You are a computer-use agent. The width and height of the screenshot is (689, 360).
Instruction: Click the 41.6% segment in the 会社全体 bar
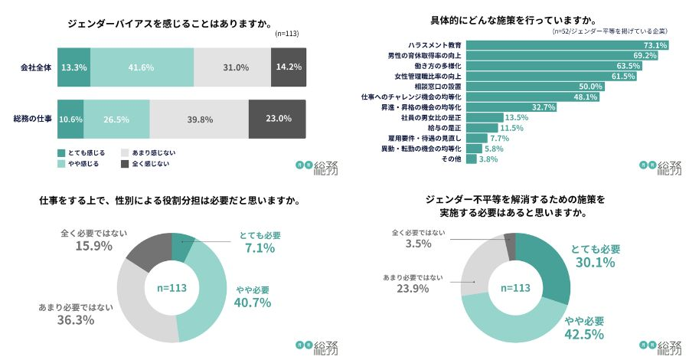click(142, 67)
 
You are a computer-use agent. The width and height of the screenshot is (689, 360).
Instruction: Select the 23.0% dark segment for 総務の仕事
click(279, 119)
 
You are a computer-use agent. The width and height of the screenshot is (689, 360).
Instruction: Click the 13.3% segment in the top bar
click(73, 67)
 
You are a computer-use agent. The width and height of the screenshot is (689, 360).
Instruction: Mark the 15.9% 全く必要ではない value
click(94, 246)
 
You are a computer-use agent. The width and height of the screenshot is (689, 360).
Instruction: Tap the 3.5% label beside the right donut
click(418, 244)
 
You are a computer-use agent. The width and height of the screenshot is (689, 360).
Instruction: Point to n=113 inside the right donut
click(514, 288)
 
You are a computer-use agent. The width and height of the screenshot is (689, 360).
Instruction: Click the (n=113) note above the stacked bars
click(289, 34)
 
